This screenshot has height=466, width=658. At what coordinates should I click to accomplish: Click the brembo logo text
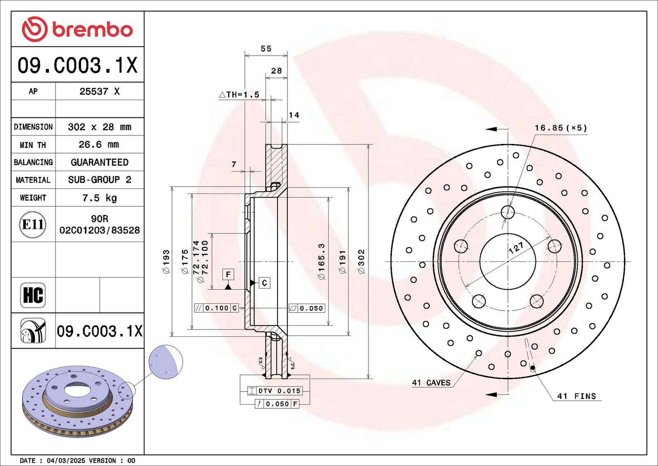pos(92,30)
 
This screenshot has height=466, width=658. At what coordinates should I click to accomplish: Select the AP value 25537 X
pos(100,91)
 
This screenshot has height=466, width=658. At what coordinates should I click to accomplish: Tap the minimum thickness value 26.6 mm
pos(99,144)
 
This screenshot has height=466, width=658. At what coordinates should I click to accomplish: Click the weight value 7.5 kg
pos(100,198)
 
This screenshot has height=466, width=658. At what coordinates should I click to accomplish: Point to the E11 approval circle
pos(32,225)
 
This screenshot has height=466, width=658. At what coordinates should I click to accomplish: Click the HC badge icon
pos(33,295)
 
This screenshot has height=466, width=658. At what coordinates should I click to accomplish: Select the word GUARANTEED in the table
pos(100,162)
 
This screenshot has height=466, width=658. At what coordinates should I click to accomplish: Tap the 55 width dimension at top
pos(266,49)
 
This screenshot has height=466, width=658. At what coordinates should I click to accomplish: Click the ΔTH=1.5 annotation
pos(239,94)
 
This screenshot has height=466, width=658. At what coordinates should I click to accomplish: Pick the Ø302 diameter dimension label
pos(361,261)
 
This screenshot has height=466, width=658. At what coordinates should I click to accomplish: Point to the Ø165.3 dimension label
pos(322,261)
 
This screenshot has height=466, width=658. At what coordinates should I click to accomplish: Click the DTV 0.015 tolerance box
pos(275,391)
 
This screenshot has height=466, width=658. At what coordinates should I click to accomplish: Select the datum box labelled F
pos(228,275)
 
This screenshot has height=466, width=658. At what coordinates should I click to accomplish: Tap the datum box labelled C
pos(264,283)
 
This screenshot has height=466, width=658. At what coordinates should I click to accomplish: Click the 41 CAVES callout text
pos(431,382)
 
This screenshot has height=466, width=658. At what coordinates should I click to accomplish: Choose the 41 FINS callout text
pos(577,396)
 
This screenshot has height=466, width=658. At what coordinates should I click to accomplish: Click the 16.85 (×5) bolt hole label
pos(561,128)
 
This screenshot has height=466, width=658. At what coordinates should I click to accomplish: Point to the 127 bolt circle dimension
pos(516,248)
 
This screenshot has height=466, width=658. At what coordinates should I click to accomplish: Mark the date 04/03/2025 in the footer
pos(66,460)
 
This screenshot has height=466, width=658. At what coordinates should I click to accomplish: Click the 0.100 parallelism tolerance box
pos(216,308)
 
